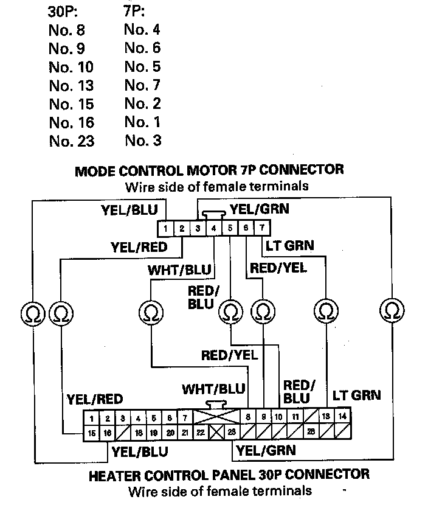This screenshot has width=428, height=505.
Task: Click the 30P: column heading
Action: [63, 12]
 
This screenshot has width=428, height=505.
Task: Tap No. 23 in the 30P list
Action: [71, 141]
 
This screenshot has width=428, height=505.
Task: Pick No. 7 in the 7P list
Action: [142, 85]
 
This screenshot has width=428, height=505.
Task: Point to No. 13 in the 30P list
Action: [71, 85]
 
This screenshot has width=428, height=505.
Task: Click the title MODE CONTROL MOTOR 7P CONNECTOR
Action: [209, 170]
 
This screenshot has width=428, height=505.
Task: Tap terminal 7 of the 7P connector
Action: [261, 229]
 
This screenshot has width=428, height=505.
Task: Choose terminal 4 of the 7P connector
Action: [213, 229]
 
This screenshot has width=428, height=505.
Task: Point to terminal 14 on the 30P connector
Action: [342, 417]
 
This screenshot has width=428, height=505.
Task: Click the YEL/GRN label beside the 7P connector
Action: [259, 210]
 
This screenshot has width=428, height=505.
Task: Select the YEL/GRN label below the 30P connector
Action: [266, 451]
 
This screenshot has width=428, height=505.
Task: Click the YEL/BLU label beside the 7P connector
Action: [129, 211]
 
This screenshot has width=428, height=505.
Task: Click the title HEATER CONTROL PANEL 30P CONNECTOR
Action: [229, 474]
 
